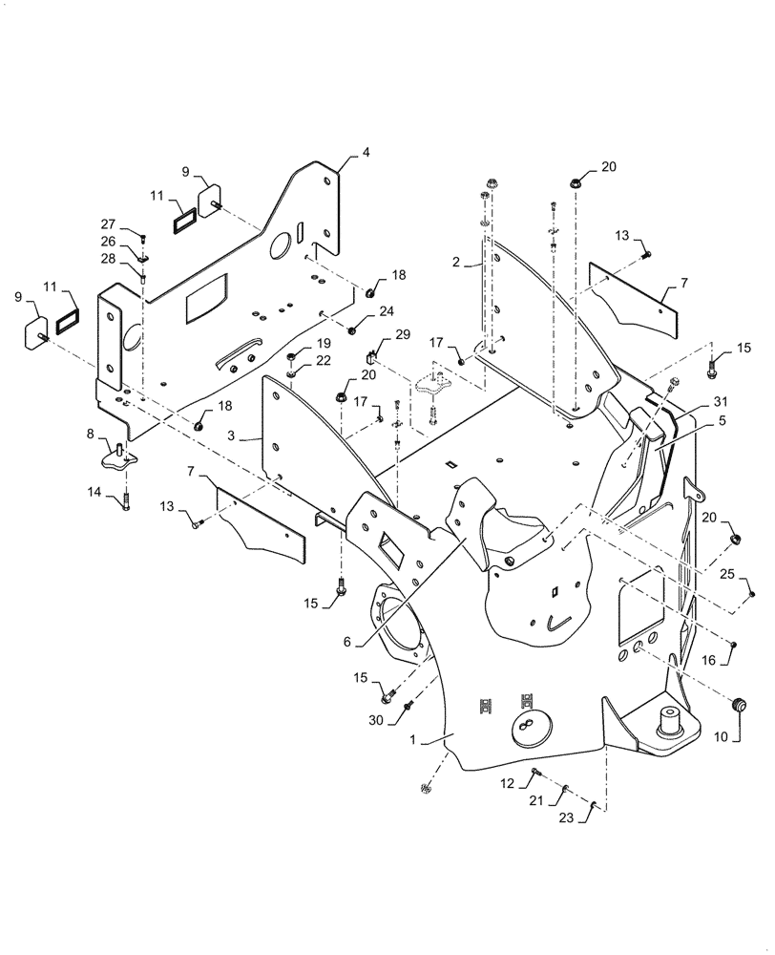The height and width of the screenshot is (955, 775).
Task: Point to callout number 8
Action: (91, 434)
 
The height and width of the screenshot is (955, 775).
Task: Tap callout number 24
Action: (385, 311)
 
